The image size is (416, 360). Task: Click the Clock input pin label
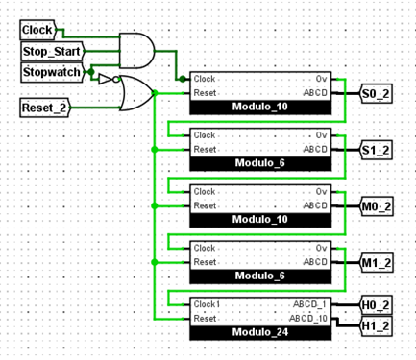pos(38,31)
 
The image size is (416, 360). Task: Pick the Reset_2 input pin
pos(44,108)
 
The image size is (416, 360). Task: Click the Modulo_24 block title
pos(259,332)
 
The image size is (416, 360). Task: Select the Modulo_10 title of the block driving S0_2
pos(259,106)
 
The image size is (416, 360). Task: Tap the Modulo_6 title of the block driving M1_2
pos(259,276)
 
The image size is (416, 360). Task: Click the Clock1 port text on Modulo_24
pos(208,303)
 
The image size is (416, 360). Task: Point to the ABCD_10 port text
pos(308,318)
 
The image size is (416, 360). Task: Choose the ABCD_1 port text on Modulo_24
pos(310,303)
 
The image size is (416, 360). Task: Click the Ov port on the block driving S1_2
pos(321,135)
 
